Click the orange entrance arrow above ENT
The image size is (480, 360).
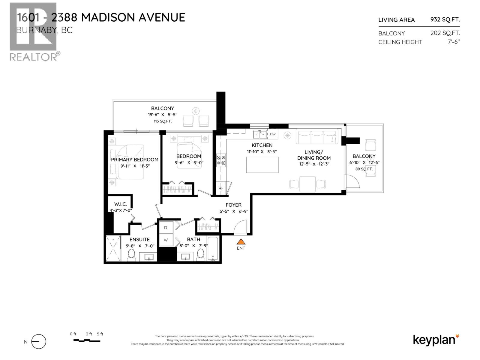241,242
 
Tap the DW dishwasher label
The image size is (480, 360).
273,134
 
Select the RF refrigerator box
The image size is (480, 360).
221,188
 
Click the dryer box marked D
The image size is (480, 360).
166,228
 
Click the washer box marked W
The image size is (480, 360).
166,240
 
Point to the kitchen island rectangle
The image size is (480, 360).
262,165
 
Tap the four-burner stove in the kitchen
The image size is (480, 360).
221,160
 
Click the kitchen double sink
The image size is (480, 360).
259,134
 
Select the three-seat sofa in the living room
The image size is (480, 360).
317,136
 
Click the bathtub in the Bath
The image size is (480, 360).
213,249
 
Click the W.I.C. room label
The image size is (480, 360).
120,204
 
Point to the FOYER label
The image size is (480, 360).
233,205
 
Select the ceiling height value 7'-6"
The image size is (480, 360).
454,42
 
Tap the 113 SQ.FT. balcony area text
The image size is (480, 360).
162,121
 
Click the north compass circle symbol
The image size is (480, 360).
39,342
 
